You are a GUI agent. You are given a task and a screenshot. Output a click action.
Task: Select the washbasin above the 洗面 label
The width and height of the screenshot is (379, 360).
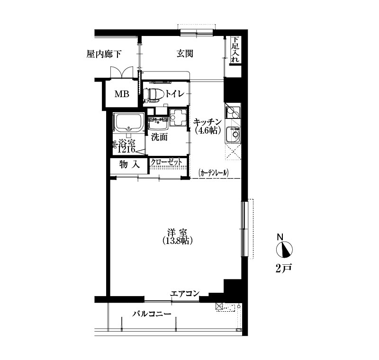pyautogui.click(x=158, y=123)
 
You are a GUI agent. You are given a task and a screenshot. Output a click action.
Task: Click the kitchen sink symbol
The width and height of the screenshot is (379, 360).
pyautogui.click(x=233, y=135)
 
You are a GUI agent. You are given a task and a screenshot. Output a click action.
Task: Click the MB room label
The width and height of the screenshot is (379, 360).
pyautogui.click(x=122, y=94)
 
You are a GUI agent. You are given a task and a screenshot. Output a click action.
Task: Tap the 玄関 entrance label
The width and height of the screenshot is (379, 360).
pyautogui.click(x=185, y=54)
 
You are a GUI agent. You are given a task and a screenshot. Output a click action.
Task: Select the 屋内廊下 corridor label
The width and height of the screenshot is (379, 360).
pyautogui.click(x=104, y=54)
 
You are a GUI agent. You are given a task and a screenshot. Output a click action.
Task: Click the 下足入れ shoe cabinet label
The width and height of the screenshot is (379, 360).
pyautogui.click(x=235, y=50)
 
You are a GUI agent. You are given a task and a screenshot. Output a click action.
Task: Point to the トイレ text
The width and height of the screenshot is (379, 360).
pyautogui.click(x=175, y=93)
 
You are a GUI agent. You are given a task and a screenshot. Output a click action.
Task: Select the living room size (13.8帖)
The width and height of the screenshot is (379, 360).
pyautogui.click(x=178, y=241)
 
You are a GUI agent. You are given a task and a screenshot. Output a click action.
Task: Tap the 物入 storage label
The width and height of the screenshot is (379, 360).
pyautogui.click(x=129, y=165)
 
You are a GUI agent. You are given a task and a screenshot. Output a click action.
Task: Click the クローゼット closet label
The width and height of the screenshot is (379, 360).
pyautogui.click(x=166, y=162)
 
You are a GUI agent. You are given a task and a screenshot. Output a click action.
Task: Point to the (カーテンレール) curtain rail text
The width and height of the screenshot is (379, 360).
pyautogui.click(x=213, y=173)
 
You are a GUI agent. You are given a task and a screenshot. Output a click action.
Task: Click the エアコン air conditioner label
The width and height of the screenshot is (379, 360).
pyautogui.click(x=185, y=294)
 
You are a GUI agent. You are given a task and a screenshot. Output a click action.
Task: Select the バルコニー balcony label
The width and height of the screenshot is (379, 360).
pyautogui.click(x=152, y=314)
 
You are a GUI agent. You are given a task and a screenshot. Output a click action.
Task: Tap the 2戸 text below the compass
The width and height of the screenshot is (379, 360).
pyautogui.click(x=284, y=268)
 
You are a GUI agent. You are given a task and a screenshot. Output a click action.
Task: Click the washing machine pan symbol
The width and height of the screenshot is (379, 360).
pyautogui.click(x=179, y=117)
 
